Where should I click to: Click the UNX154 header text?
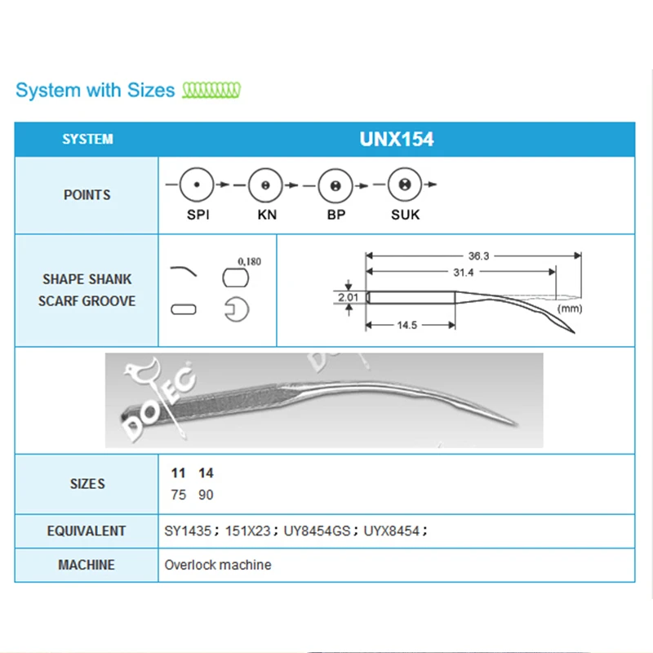(396, 139)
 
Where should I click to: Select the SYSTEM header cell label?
(87, 140)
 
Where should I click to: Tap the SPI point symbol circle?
(197, 185)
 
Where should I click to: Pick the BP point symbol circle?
(334, 185)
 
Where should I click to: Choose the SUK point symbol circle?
(402, 185)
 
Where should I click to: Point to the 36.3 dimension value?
(479, 255)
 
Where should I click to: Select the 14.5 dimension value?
(409, 325)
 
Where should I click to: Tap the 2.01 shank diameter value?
(349, 298)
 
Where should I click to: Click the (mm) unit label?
(569, 309)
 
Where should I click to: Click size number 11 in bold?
(178, 473)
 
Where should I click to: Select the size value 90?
(206, 495)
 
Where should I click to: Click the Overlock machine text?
(218, 565)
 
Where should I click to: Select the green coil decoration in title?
(212, 89)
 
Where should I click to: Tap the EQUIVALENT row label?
(87, 531)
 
